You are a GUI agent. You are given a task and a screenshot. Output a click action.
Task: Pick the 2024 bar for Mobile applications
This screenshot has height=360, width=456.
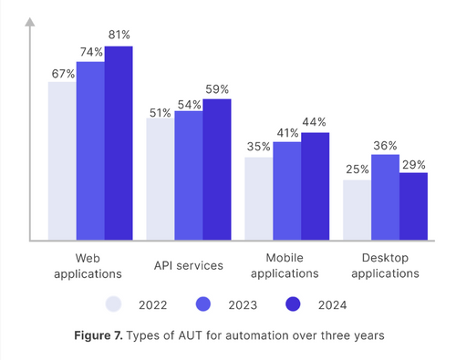(x=315, y=187)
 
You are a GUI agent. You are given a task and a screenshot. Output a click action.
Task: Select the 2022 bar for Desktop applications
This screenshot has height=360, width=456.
(x=357, y=211)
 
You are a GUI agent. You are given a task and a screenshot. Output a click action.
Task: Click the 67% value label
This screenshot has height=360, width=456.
(x=61, y=73)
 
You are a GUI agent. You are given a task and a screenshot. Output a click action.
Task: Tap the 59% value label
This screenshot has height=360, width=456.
(x=217, y=89)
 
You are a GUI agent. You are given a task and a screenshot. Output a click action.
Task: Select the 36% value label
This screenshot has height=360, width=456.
(x=385, y=145)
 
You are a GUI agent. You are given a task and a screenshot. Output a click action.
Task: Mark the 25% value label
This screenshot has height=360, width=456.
(x=356, y=170)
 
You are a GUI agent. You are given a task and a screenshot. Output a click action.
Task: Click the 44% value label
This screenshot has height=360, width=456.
(x=316, y=122)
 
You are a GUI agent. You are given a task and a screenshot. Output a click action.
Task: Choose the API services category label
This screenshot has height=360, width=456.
(x=188, y=265)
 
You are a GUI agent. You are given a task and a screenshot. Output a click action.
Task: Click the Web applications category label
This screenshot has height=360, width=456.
(x=88, y=265)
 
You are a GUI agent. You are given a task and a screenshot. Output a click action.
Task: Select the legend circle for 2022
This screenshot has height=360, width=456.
(x=114, y=303)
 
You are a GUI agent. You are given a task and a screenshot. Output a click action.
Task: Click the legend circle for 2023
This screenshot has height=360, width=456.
(x=204, y=303)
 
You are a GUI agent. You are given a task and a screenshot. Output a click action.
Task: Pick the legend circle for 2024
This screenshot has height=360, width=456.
(x=294, y=303)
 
